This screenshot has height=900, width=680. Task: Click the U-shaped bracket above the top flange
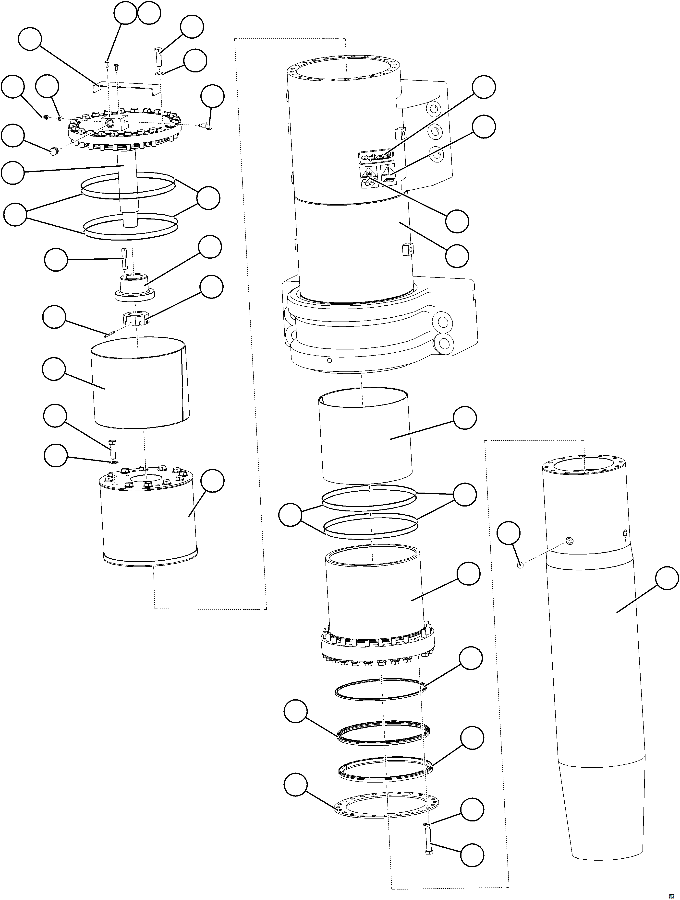coord(124,87)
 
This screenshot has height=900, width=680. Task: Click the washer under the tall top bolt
coord(159,73)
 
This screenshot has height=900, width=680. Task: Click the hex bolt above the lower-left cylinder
coord(113,449)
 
